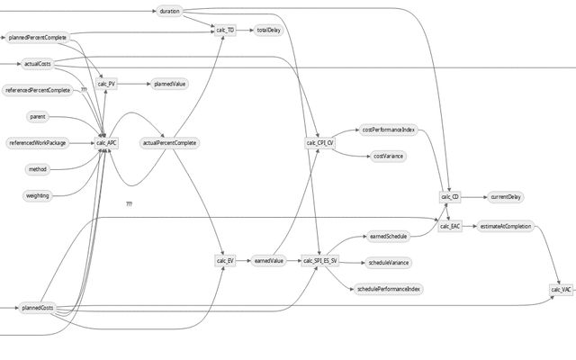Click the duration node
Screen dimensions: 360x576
(169, 12)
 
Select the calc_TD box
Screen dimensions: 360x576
(226, 31)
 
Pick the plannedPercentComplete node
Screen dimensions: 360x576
(37, 38)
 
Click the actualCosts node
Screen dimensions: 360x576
(37, 64)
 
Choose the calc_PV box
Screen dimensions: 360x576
(106, 84)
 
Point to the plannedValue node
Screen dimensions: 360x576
(169, 84)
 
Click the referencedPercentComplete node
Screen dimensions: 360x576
(38, 91)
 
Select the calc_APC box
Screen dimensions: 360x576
(106, 142)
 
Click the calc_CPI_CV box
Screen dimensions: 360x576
(319, 142)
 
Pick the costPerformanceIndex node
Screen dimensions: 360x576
(388, 130)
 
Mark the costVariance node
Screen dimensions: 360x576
(388, 156)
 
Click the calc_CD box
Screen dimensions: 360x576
(450, 196)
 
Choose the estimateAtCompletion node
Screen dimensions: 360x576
(505, 227)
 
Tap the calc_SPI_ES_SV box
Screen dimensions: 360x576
(319, 261)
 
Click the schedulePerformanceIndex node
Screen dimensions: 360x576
(389, 288)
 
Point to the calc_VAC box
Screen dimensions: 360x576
(561, 290)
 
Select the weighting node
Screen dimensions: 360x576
(37, 195)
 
